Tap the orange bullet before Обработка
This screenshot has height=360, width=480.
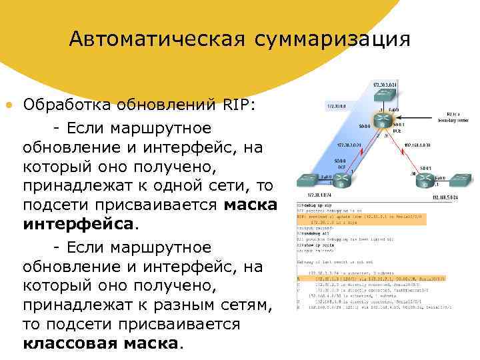[8, 105]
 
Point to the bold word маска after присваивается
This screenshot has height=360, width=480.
[251, 204]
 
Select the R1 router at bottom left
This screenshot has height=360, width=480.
[340, 179]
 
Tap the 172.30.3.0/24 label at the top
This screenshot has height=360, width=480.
[385, 85]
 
